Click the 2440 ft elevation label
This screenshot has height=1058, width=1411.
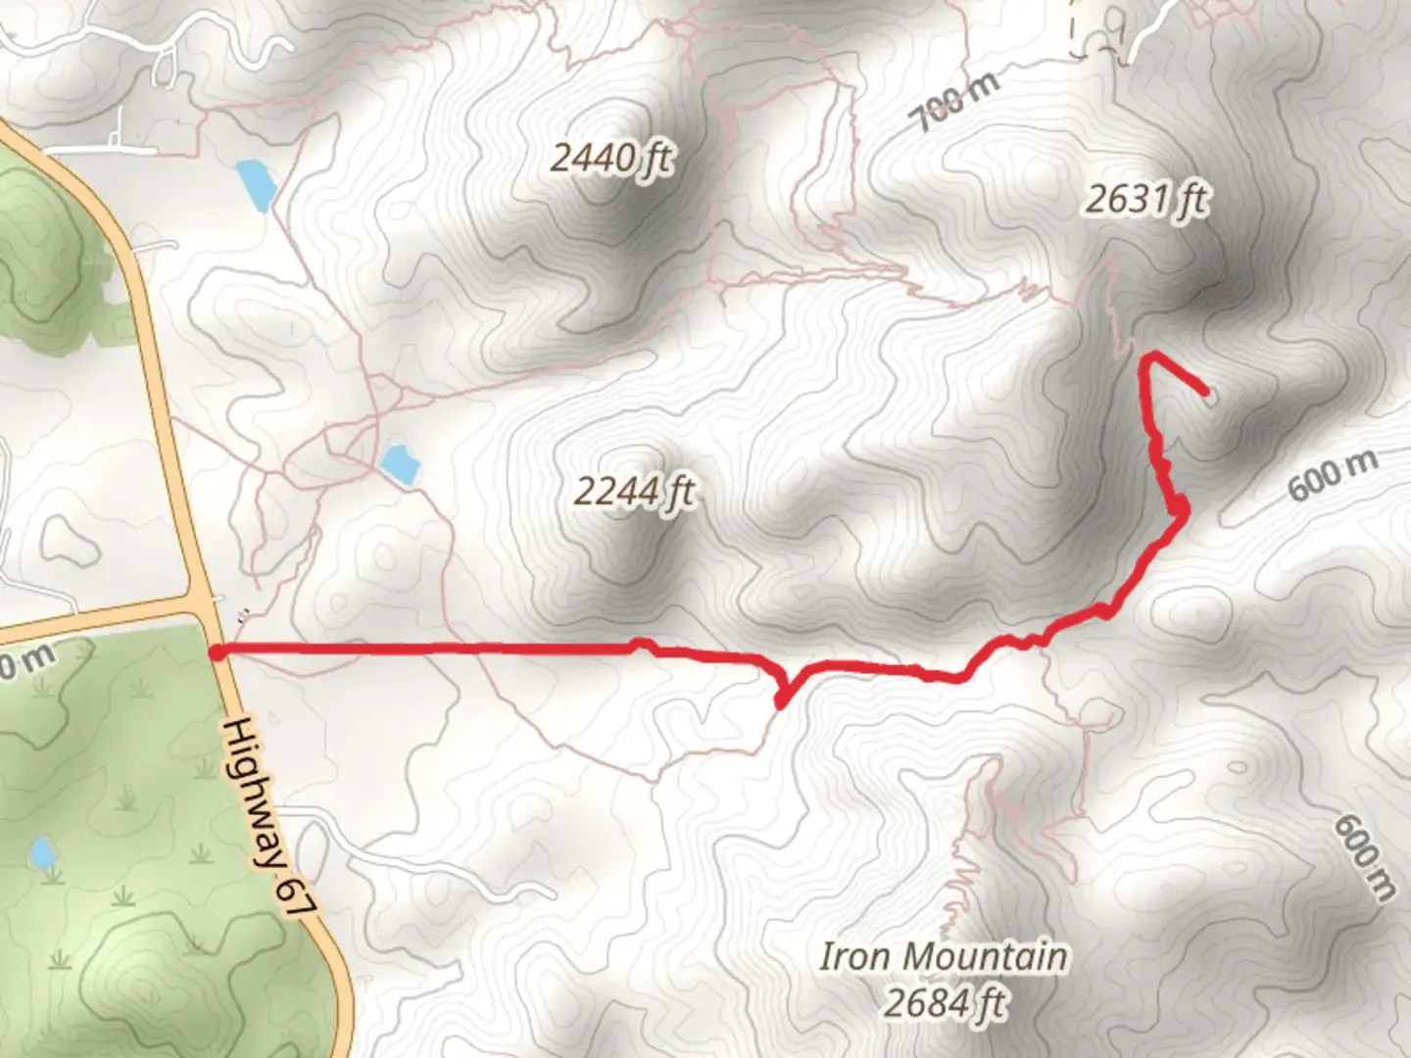(x=612, y=157)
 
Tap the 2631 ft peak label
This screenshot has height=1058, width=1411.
(x=1146, y=200)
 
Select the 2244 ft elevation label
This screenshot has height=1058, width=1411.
(x=635, y=490)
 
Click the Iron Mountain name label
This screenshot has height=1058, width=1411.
(x=943, y=956)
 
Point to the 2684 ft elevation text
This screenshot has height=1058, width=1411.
(x=945, y=1003)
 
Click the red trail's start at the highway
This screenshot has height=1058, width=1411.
(x=217, y=651)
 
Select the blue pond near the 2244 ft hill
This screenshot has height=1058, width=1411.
(x=400, y=463)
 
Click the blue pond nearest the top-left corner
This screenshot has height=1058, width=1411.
(x=253, y=184)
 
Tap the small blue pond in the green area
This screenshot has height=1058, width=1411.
(x=42, y=852)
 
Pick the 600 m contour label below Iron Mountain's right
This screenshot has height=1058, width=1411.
(x=1364, y=858)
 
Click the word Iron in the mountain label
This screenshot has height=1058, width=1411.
(x=855, y=956)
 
